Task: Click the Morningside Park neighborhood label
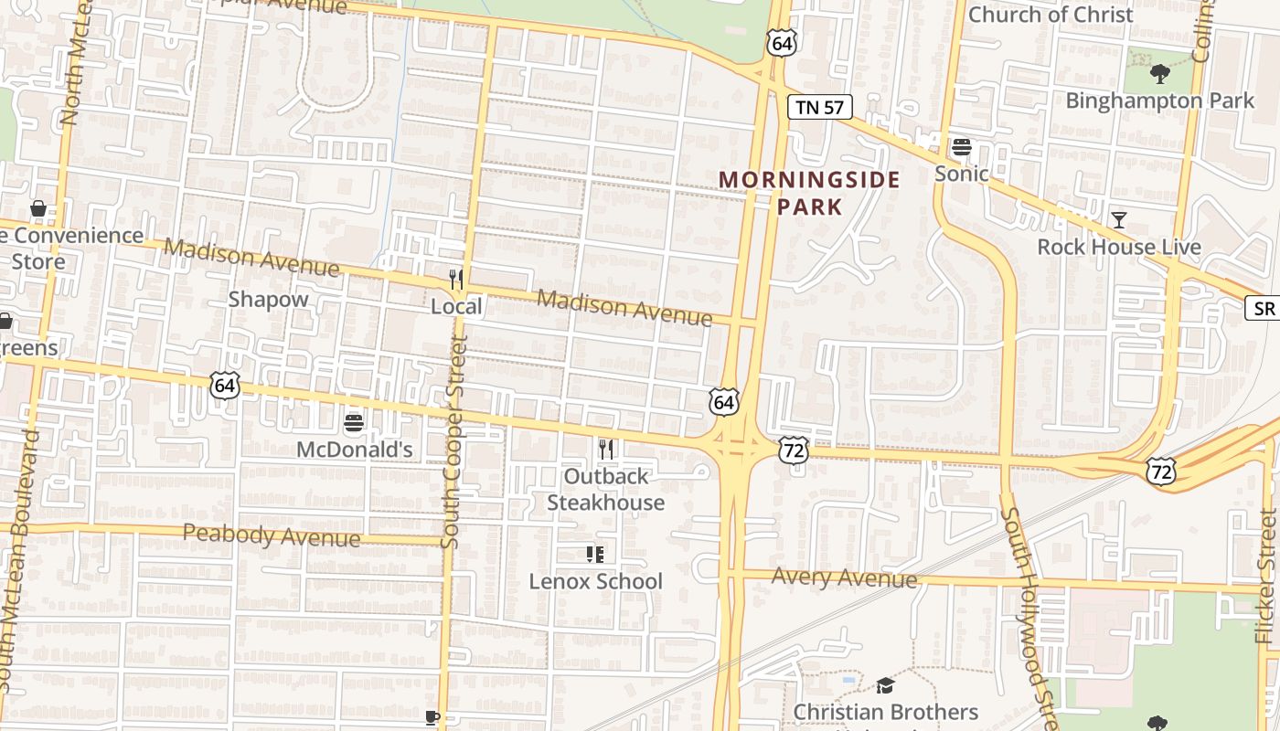point(809,193)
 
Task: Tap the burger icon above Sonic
point(961,147)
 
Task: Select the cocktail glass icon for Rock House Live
point(1118,219)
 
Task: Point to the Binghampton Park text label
point(1159,101)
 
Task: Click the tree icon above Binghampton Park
point(1159,73)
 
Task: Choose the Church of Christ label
point(1050,15)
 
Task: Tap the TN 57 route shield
point(819,108)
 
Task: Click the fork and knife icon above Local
point(456,280)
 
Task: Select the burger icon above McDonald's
point(354,422)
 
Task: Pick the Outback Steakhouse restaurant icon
point(604,449)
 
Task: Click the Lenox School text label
point(595,581)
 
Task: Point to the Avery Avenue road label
point(844,577)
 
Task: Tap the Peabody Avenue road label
point(272,535)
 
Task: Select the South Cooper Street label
point(453,441)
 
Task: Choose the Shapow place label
point(268,299)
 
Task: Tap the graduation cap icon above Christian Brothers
point(884,685)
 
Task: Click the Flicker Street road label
point(1265,576)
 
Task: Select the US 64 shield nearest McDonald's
point(225,385)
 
